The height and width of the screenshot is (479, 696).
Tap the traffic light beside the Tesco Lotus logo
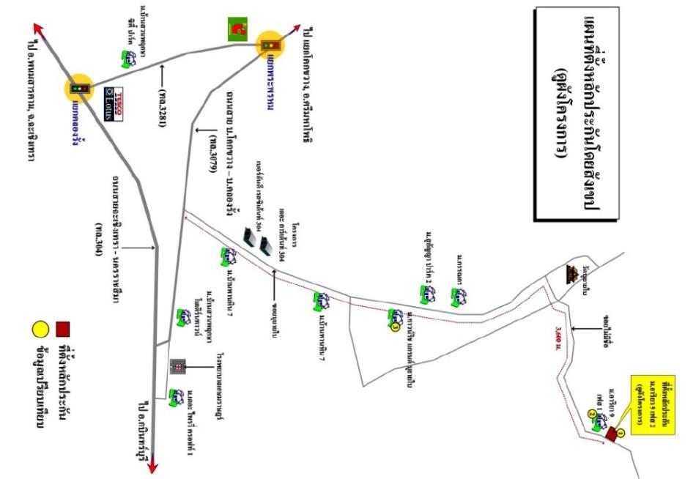coord(79,89)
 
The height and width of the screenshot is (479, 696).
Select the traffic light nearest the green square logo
coord(270,45)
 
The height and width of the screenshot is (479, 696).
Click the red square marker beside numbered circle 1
coord(610,435)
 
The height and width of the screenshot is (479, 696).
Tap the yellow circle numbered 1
coord(621,434)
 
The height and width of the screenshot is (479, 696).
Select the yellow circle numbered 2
coord(592,414)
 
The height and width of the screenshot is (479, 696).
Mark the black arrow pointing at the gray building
coord(199,365)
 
